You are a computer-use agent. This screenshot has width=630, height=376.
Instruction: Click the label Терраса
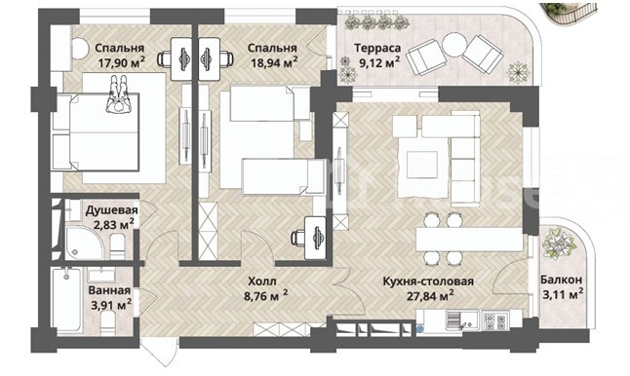377,48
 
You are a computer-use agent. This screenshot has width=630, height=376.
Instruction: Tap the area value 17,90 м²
122,62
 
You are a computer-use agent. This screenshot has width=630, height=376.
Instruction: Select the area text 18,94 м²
274,62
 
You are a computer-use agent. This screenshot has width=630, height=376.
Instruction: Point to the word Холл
262,282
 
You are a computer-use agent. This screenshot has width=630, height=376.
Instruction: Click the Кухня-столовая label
428,282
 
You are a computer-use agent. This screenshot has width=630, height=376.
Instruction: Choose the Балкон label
561,280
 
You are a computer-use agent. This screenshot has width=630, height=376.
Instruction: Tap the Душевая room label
111,209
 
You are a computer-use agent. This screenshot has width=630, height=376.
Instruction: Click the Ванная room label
109,290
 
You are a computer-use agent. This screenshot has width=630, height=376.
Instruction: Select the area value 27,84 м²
430,296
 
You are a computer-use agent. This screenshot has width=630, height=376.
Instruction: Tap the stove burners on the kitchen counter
495,320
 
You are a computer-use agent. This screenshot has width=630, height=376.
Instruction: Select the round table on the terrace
453,44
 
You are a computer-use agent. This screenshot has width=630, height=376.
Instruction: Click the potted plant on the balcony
559,243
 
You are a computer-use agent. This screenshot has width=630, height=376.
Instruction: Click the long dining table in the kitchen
470,240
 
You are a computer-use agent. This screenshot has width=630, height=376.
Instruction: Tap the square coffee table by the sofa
422,165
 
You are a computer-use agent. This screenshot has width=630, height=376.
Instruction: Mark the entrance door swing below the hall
159,351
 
